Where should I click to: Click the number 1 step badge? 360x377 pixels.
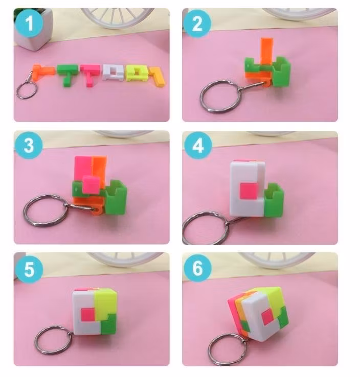[29, 23]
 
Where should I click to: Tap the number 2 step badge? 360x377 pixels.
[197, 23]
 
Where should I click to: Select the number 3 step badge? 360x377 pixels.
[29, 145]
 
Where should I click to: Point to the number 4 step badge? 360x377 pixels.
[198, 146]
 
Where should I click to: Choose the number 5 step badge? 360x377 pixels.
[29, 269]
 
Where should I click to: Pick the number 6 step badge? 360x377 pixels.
[198, 268]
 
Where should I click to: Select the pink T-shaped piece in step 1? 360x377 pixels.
[90, 74]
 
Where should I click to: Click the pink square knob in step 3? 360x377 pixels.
[91, 184]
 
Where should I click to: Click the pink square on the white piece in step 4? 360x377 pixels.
[249, 191]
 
